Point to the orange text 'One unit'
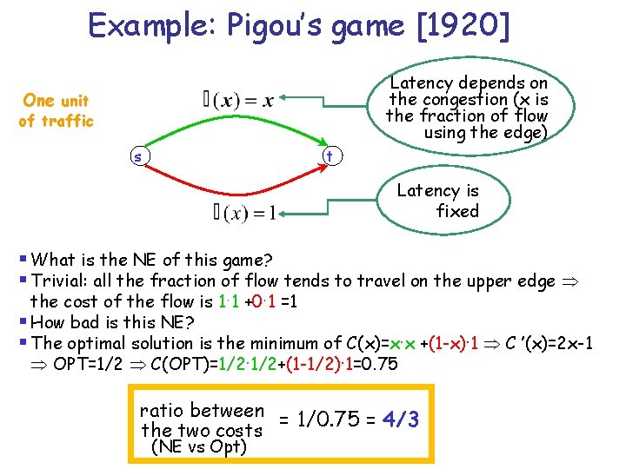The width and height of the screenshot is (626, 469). (56, 101)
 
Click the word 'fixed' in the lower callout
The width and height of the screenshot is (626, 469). (457, 211)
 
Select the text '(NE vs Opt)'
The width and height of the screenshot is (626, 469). (199, 447)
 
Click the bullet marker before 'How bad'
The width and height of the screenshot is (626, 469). (22, 322)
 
